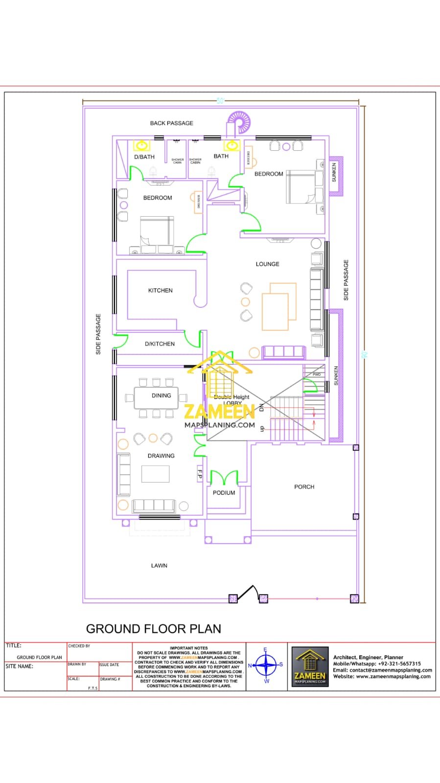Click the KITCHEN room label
click(160, 290)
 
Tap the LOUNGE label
click(267, 264)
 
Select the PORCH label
click(304, 486)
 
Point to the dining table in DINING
click(156, 398)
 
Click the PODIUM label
click(224, 492)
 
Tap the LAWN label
click(159, 565)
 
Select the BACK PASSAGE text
click(171, 123)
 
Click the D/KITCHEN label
click(160, 344)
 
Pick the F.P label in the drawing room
click(200, 473)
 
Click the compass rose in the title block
click(266, 665)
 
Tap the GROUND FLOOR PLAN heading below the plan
click(153, 628)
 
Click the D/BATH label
click(144, 157)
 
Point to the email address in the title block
click(382, 670)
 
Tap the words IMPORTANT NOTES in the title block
click(188, 648)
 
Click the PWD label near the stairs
click(316, 374)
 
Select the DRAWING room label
click(161, 456)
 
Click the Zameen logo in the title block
click(310, 666)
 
